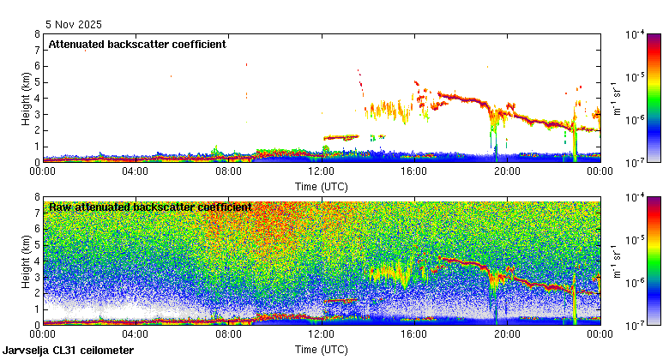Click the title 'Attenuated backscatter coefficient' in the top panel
click(x=137, y=44)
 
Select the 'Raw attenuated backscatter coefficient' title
click(x=150, y=207)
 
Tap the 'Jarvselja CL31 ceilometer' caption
click(x=68, y=351)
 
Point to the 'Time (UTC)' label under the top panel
click(x=321, y=186)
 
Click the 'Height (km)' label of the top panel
click(x=27, y=98)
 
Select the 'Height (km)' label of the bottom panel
click(x=27, y=261)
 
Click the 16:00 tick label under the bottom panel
click(x=414, y=334)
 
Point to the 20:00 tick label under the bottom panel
click(x=507, y=334)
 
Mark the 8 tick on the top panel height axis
click(x=36, y=34)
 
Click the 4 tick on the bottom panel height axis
click(x=36, y=261)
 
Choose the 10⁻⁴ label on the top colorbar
click(x=636, y=35)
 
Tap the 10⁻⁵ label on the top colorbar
click(x=636, y=77)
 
